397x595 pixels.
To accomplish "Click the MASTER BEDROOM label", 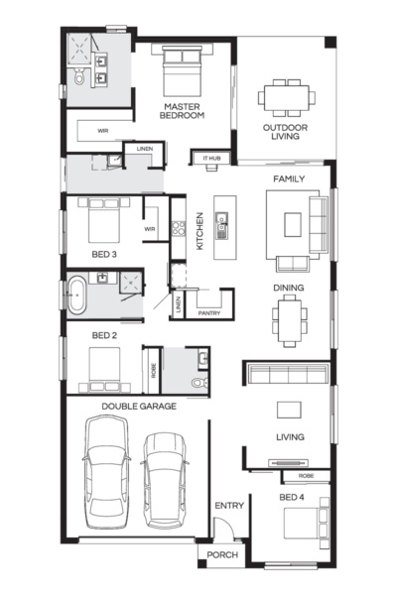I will (184, 110).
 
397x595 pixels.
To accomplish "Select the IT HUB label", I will (211, 158).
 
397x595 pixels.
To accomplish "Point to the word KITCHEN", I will (200, 230).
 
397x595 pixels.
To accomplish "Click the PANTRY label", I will (209, 312).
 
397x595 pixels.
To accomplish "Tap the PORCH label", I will (221, 555).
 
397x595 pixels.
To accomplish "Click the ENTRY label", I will (228, 506).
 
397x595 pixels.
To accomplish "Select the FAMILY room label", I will (289, 179).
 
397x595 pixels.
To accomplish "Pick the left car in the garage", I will (105, 471).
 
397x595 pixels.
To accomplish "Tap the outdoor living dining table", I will (288, 97).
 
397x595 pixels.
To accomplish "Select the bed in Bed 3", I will (102, 222).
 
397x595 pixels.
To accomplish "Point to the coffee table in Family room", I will (293, 225).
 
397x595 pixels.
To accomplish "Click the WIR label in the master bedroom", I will (102, 130).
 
